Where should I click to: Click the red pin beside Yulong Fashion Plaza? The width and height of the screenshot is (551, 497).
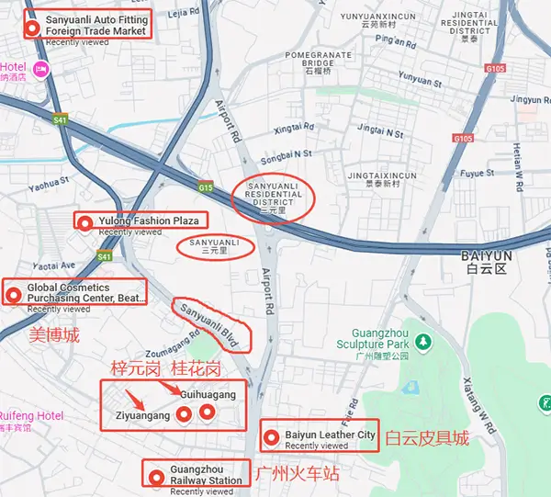[85, 221]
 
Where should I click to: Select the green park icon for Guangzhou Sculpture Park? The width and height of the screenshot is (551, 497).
[422, 342]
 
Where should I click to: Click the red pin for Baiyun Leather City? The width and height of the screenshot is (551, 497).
[272, 436]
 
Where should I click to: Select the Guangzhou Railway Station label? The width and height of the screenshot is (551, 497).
[206, 474]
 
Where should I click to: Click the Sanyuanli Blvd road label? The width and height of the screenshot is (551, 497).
[210, 325]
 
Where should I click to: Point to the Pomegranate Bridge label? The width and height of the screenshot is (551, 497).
[315, 62]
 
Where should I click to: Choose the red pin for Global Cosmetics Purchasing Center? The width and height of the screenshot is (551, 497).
[14, 294]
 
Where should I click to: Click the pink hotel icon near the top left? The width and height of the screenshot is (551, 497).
[39, 69]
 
